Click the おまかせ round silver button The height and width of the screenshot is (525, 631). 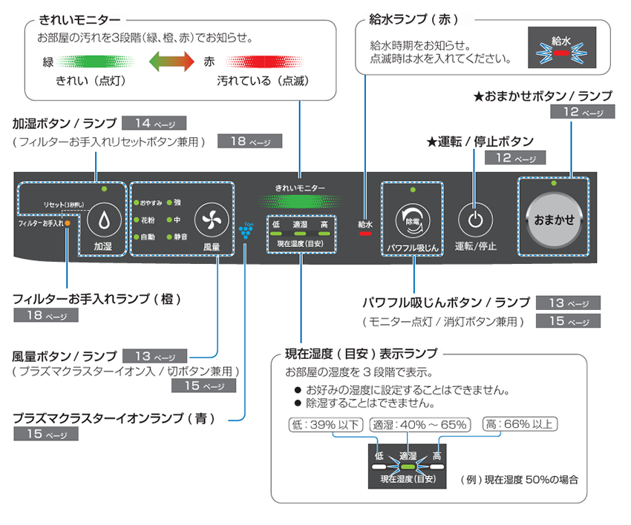tap(555, 219)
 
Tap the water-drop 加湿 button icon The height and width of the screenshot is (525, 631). tap(103, 220)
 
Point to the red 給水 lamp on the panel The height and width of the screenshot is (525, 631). tap(364, 233)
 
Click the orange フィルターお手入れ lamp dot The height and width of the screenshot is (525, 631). tap(68, 222)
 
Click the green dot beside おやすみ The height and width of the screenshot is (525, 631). tap(136, 202)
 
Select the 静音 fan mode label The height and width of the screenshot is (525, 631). tap(181, 237)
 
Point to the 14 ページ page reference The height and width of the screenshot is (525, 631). tap(154, 123)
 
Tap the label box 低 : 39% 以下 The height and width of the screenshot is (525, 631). tap(324, 425)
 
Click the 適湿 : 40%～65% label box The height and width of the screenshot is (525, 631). tap(420, 425)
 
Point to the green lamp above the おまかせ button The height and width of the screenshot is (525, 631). tap(555, 182)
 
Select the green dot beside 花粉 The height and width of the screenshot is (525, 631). tap(136, 219)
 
